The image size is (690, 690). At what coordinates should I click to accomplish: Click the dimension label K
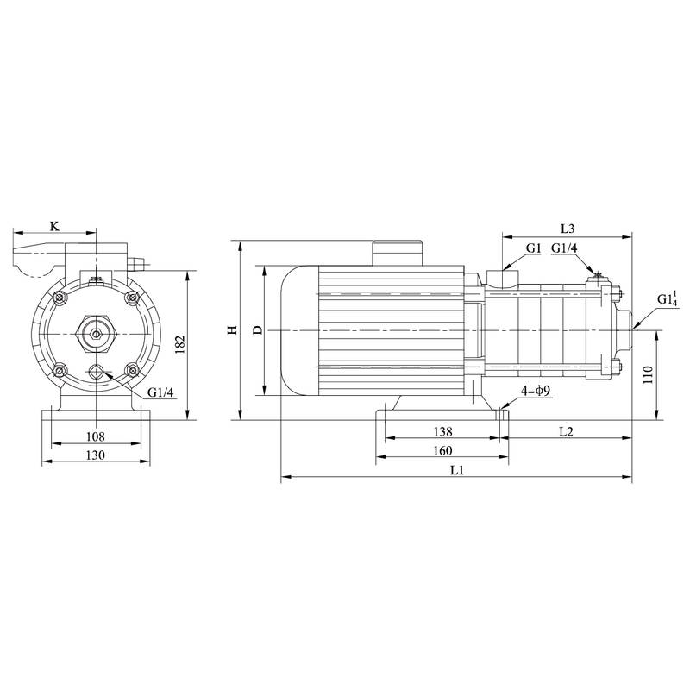54,226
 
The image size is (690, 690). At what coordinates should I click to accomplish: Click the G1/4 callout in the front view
160,393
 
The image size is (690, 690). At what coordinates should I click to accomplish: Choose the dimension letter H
231,330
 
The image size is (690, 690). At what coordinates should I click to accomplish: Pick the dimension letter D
255,330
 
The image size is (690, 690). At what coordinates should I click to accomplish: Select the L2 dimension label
566,430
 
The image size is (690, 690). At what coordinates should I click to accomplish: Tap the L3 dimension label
567,229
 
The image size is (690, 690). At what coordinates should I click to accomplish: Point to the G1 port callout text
533,248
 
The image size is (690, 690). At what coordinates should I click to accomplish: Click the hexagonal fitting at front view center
95,331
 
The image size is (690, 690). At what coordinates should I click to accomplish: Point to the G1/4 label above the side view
565,248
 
